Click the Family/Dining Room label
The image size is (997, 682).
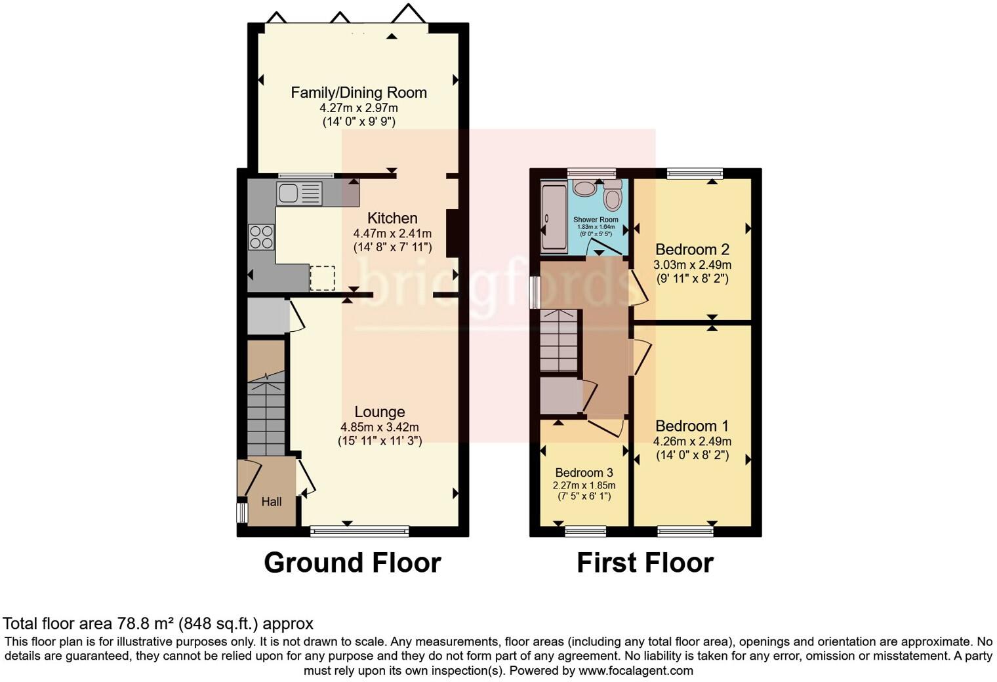coord(359,92)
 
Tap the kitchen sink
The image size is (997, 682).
coord(299,193)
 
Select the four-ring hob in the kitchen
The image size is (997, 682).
coord(260,237)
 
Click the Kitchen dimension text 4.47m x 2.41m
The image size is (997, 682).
coord(392,233)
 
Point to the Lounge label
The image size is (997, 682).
coord(379,412)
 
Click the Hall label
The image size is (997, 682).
coord(272,502)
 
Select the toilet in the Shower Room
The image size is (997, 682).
coord(613,195)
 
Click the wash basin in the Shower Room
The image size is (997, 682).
coord(583,188)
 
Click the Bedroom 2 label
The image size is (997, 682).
coord(692,249)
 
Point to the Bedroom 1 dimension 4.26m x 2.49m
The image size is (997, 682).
coord(692,441)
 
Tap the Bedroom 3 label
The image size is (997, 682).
coord(584,473)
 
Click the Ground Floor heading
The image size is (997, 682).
coord(352,563)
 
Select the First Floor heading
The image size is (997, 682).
coord(645,563)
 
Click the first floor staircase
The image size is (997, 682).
coord(560,341)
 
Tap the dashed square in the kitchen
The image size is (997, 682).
coord(322,278)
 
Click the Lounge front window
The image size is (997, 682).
coord(359,531)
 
